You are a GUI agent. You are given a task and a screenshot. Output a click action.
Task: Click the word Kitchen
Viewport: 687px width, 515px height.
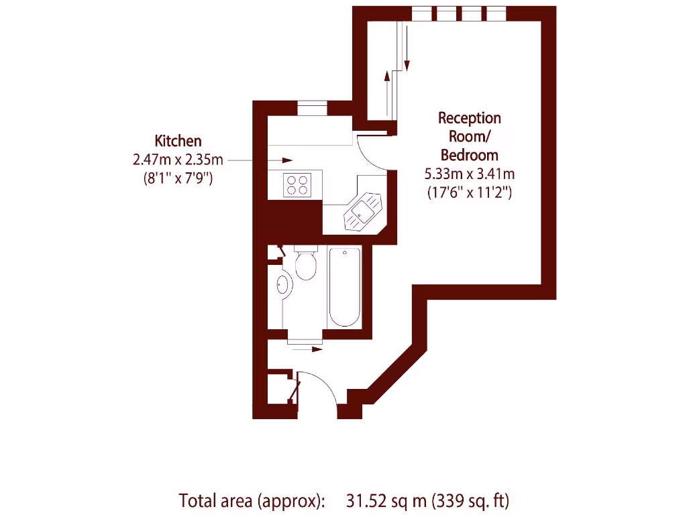(x=178, y=141)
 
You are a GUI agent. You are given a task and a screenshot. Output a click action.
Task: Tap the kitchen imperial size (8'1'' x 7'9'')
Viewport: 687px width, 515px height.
(x=178, y=178)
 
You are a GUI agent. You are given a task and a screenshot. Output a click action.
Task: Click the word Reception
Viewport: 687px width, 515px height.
(x=470, y=118)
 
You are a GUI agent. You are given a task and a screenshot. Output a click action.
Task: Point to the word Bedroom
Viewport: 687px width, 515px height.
(x=470, y=155)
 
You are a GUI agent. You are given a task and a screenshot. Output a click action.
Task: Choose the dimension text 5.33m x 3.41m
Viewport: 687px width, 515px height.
(x=470, y=174)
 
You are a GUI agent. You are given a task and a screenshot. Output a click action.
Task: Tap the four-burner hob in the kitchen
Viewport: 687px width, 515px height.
(x=297, y=184)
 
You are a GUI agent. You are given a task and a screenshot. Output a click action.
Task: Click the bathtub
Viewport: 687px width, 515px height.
(x=345, y=286)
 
